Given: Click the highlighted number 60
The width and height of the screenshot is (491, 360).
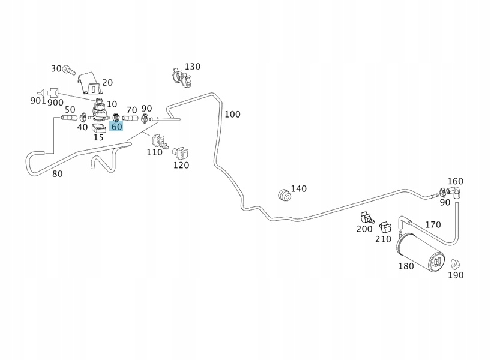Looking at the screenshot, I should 116,127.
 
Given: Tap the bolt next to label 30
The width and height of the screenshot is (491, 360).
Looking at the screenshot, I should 68,70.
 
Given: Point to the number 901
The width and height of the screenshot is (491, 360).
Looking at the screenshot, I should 38,101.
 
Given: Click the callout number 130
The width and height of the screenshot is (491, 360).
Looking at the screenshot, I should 193,66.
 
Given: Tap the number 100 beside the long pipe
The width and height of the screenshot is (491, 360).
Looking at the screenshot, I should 232,114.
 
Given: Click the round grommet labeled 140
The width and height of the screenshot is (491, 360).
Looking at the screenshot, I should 284,194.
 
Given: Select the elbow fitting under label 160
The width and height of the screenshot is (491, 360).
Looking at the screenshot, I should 456,191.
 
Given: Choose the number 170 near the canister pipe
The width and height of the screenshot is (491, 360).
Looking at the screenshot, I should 433,225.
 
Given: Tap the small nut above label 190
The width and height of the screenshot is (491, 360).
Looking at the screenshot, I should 454,263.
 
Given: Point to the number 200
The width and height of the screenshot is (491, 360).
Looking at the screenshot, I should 364,229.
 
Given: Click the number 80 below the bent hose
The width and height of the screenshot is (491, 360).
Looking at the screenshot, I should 57,175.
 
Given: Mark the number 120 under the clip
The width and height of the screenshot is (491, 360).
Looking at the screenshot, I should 181,165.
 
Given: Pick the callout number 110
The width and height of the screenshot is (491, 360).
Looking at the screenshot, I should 155,152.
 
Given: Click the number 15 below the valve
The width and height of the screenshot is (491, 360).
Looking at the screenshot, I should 98,137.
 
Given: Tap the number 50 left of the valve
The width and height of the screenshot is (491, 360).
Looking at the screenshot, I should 70,109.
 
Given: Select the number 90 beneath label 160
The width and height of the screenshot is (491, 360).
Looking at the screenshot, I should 445,202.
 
